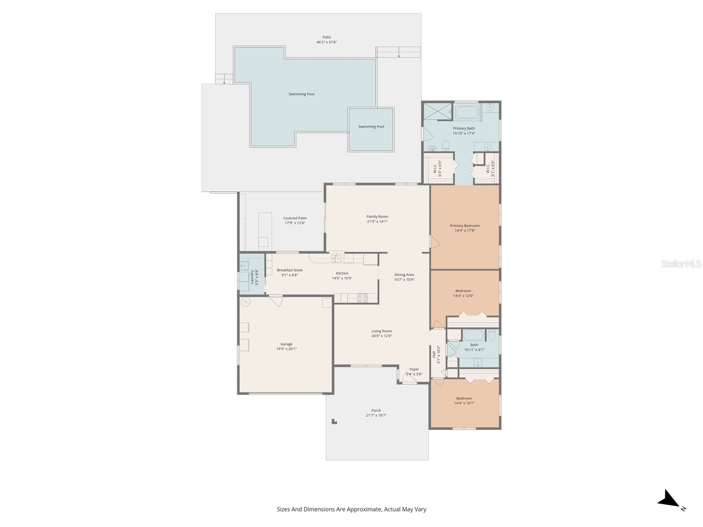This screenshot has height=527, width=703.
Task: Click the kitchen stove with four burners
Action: pyautogui.click(x=362, y=298)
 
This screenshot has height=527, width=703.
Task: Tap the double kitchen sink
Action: pyautogui.click(x=336, y=258)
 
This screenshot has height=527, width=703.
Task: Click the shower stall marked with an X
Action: pyautogui.click(x=438, y=111)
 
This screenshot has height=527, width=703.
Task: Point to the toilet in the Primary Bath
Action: pyautogui.click(x=446, y=145)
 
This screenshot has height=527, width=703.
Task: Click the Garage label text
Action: pyautogui.click(x=286, y=344)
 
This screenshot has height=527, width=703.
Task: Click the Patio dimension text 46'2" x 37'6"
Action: pyautogui.click(x=326, y=42)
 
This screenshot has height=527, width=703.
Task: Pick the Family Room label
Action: pyautogui.click(x=377, y=217)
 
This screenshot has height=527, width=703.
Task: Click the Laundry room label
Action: pyautogui.click(x=252, y=277)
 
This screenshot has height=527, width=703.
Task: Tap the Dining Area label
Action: pyautogui.click(x=404, y=275)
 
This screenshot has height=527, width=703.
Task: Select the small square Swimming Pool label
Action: pyautogui.click(x=371, y=127)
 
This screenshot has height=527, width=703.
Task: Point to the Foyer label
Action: pyautogui.click(x=414, y=369)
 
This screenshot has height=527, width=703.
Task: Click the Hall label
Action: pyautogui.click(x=434, y=354)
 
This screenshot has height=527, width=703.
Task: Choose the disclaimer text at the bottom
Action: pyautogui.click(x=351, y=509)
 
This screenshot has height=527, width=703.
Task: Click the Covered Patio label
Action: pyautogui.click(x=295, y=218)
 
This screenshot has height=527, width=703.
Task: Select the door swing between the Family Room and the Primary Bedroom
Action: pyautogui.click(x=434, y=241)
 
